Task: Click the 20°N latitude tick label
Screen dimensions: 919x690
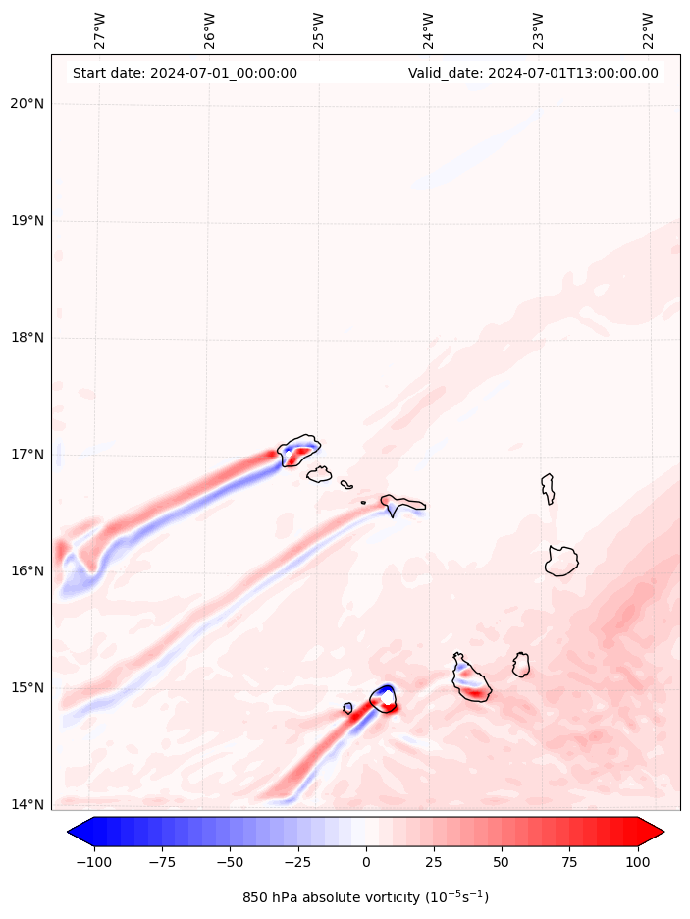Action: pyautogui.click(x=26, y=104)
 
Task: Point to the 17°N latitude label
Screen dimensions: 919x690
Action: pyautogui.click(x=26, y=455)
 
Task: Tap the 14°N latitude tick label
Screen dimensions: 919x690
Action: pyautogui.click(x=26, y=805)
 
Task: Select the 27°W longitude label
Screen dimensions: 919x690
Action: pyautogui.click(x=99, y=31)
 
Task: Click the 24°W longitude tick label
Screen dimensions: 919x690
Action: pyautogui.click(x=428, y=31)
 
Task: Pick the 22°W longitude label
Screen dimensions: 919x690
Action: pyautogui.click(x=648, y=31)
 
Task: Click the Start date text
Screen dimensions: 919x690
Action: pyautogui.click(x=185, y=73)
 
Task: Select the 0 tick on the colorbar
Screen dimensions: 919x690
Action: pyautogui.click(x=366, y=862)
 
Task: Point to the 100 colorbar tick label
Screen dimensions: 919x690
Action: pyautogui.click(x=638, y=862)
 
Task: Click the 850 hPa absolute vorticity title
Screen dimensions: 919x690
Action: pyautogui.click(x=365, y=897)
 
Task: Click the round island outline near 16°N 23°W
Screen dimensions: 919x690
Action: pyautogui.click(x=561, y=562)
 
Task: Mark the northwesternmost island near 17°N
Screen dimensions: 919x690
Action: pyautogui.click(x=298, y=451)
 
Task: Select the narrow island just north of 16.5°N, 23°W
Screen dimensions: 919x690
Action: pyautogui.click(x=548, y=488)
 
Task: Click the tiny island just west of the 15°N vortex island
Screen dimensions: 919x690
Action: pyautogui.click(x=347, y=708)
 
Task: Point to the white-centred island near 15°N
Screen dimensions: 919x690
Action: pyautogui.click(x=384, y=699)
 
